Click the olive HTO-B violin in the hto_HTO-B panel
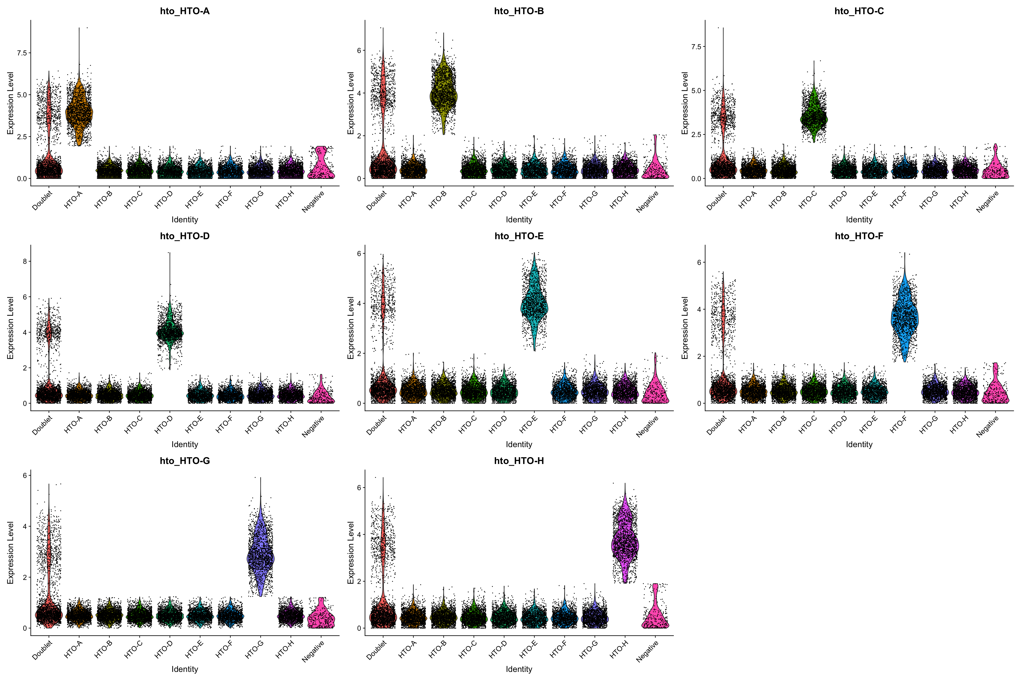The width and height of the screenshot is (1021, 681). tap(444, 96)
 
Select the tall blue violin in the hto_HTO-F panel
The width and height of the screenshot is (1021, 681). tap(905, 319)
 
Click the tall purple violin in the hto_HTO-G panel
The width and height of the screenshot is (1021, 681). tap(261, 558)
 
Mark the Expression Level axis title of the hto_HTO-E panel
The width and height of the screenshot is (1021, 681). tap(351, 328)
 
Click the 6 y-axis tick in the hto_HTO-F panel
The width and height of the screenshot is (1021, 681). tap(698, 262)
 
